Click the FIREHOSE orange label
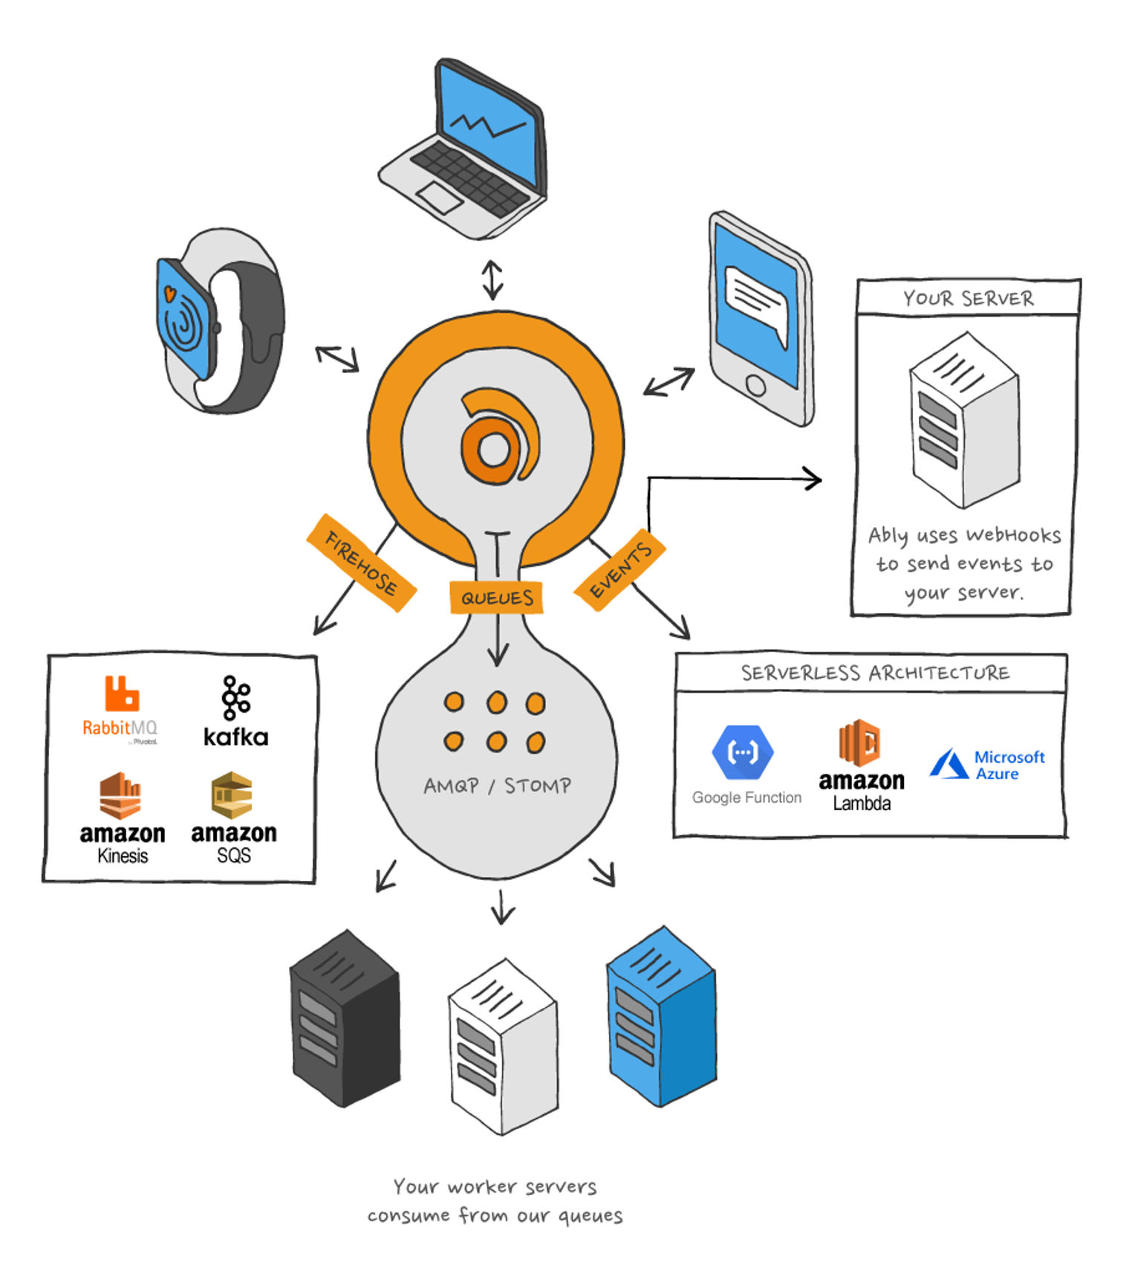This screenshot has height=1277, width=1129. pyautogui.click(x=361, y=563)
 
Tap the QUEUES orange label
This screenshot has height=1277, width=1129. pyautogui.click(x=496, y=597)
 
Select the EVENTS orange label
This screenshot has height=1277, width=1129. pyautogui.click(x=619, y=569)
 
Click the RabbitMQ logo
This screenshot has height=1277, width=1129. pyautogui.click(x=120, y=709)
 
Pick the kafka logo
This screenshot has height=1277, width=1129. pyautogui.click(x=235, y=711)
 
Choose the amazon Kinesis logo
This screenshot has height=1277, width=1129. pyautogui.click(x=123, y=818)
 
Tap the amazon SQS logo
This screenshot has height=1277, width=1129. pyautogui.click(x=233, y=818)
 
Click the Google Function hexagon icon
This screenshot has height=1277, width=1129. pyautogui.click(x=742, y=751)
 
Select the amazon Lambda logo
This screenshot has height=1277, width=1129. pyautogui.click(x=862, y=765)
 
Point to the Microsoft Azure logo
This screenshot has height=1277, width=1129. pyautogui.click(x=987, y=764)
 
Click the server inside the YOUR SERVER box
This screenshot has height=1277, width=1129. pyautogui.click(x=964, y=420)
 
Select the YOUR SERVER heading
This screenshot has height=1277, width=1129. pyautogui.click(x=968, y=299)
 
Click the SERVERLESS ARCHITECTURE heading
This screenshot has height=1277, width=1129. pyautogui.click(x=875, y=673)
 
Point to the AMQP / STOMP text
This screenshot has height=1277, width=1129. pyautogui.click(x=497, y=786)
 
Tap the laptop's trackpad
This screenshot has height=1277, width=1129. pyautogui.click(x=440, y=198)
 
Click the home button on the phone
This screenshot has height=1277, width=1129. pyautogui.click(x=755, y=385)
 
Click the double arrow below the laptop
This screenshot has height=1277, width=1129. pyautogui.click(x=492, y=279)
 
